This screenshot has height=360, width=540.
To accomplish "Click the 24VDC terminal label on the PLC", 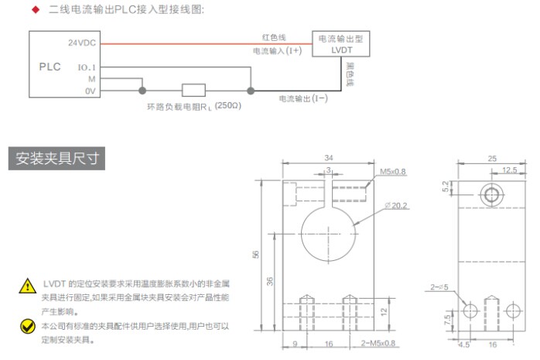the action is coord(82,43).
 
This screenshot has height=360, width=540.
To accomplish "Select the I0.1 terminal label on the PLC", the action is coord(87,67).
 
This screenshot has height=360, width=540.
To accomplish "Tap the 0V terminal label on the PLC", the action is coord(91,91).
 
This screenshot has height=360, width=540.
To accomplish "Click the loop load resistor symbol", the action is coord(193,91).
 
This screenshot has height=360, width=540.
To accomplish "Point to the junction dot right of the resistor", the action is coord(251,91).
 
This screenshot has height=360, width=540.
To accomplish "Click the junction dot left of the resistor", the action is coord(142,91).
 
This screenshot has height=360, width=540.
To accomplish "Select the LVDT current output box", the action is coord(341,44).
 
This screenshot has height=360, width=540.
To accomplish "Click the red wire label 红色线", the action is coord(274,37).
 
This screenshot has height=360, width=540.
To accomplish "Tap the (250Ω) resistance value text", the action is coord(228,105).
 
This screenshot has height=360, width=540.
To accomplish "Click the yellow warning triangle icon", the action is coord(28,286).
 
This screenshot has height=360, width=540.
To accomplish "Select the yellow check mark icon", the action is coord(28,326).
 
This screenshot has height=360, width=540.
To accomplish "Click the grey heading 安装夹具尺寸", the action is coord(56,159).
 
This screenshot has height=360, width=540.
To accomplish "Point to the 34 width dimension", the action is coord(329,158).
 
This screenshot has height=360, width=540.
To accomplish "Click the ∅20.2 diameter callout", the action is coord(396,206).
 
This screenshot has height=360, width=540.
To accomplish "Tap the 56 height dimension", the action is coord(255,255).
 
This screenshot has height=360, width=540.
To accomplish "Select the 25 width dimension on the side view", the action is coord(492,159).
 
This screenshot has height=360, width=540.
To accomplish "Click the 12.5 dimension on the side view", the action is coord(510,170).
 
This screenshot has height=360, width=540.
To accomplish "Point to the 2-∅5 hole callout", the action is coord(439,287).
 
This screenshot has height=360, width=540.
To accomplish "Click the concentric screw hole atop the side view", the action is coord(491,195).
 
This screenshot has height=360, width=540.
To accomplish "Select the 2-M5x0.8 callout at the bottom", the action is coord(378,343).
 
